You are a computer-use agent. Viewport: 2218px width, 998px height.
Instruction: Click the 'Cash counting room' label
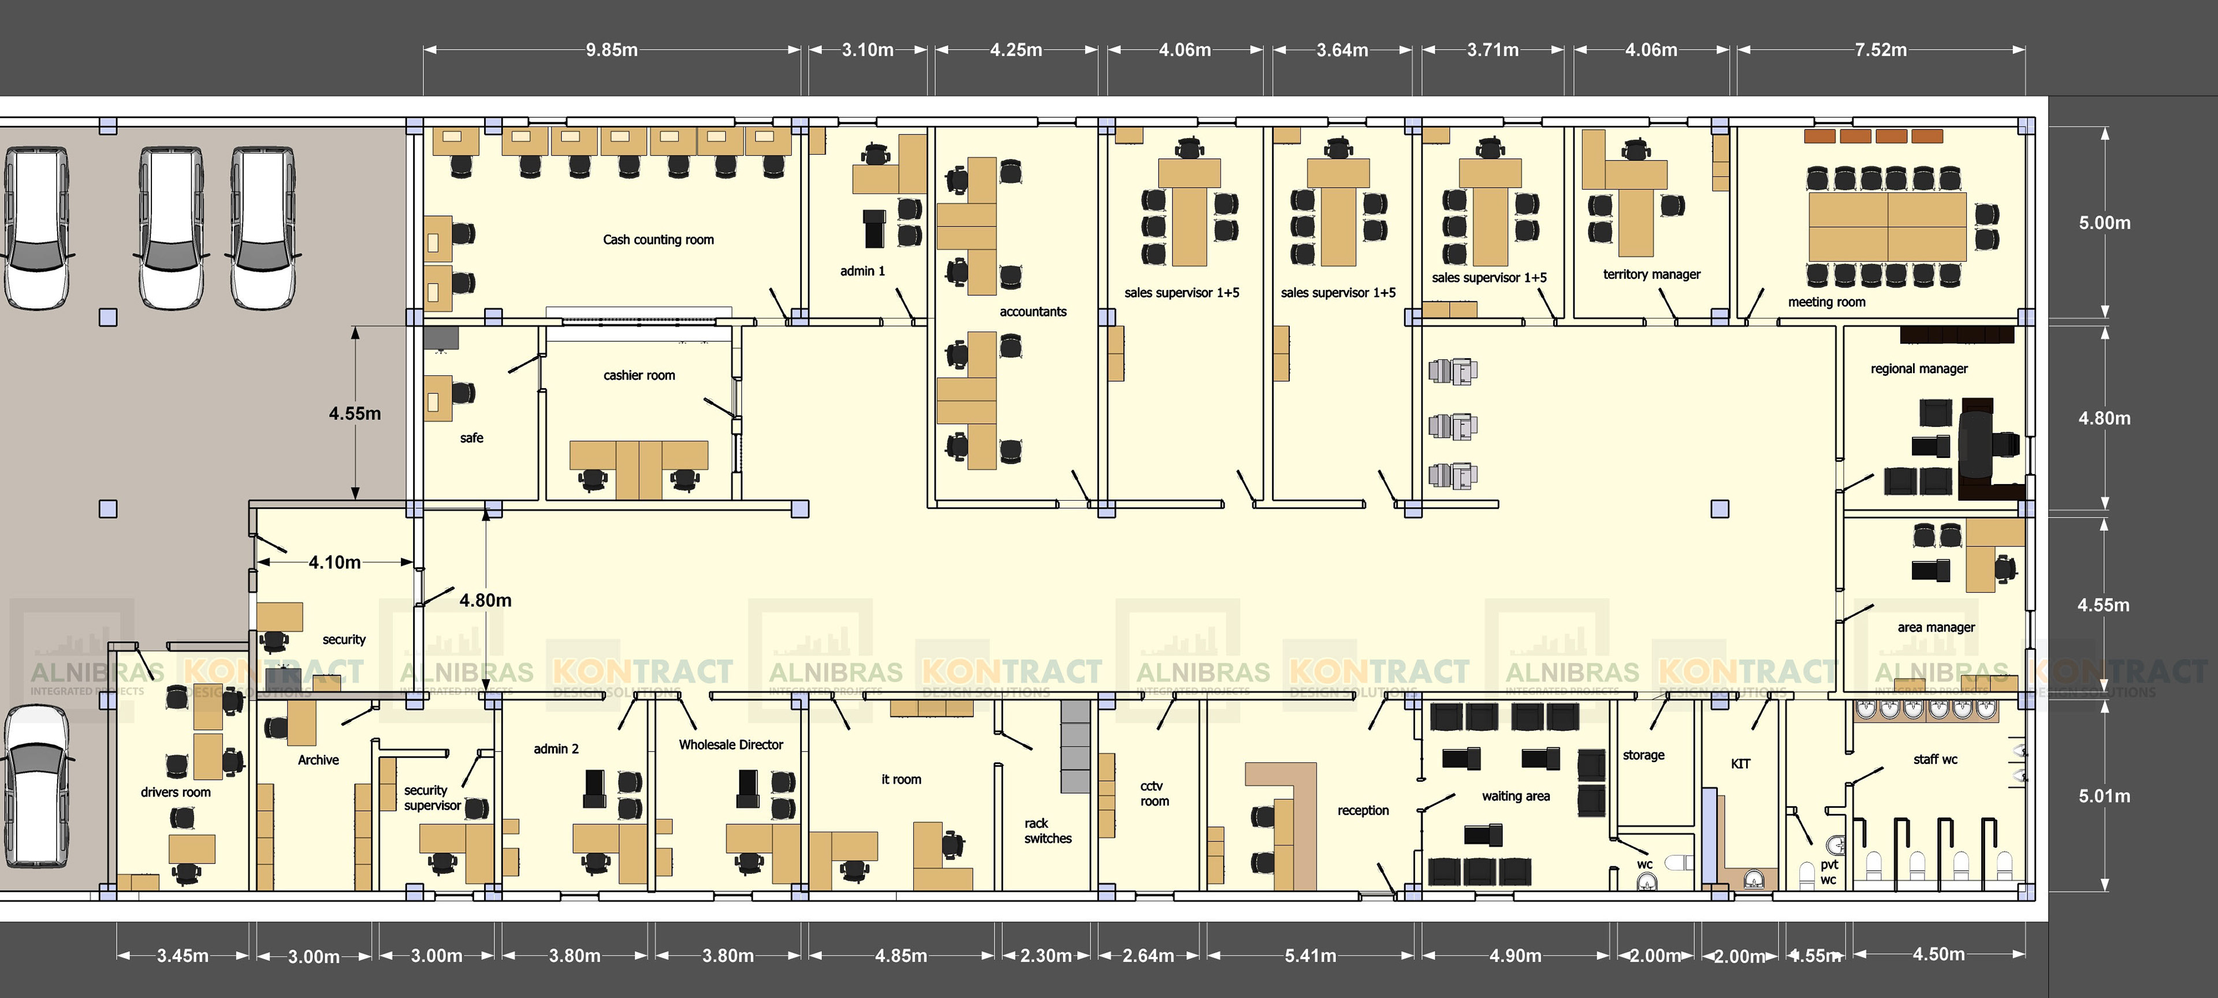(x=658, y=239)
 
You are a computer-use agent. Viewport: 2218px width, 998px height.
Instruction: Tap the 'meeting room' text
(x=1826, y=302)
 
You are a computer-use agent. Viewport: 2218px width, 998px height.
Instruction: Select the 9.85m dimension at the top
(x=611, y=50)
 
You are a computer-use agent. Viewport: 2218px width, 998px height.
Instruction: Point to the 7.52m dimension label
(x=1881, y=50)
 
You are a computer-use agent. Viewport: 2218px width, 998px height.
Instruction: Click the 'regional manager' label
(x=1918, y=368)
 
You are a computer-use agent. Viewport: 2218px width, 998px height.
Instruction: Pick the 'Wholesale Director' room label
(x=730, y=745)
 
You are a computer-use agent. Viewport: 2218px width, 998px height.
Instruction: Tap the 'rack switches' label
(x=1047, y=831)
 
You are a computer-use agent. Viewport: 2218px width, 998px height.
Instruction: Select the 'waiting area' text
(x=1516, y=796)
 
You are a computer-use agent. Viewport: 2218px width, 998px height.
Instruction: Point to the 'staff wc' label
(x=1935, y=759)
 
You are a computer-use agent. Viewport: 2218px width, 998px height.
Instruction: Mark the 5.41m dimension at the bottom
(x=1311, y=956)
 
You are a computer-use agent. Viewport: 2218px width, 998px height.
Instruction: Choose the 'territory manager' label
(x=1651, y=275)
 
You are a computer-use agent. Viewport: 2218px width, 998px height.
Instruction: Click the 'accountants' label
(x=1032, y=312)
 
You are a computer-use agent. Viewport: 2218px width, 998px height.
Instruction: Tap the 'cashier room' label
(x=639, y=375)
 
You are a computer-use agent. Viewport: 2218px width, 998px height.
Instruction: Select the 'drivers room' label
(x=176, y=792)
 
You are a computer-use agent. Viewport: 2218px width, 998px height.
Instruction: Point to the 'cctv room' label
(x=1154, y=793)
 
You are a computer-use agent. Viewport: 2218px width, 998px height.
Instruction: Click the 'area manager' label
(x=1936, y=628)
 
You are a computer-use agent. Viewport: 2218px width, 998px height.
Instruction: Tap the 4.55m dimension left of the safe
(x=354, y=414)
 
